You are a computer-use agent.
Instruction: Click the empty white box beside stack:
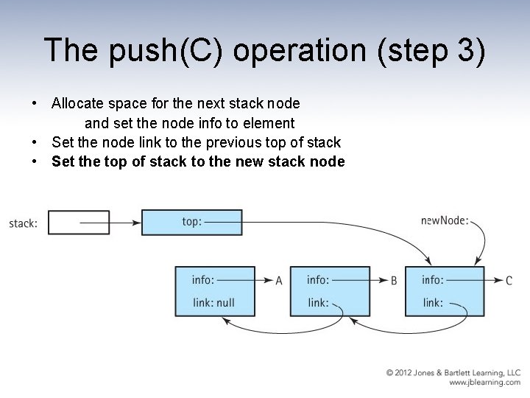point(79,223)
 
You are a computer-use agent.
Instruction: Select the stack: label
point(23,223)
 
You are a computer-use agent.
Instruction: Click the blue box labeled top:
point(191,222)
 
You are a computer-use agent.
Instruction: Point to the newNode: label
point(445,220)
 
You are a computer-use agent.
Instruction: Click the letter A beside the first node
point(279,281)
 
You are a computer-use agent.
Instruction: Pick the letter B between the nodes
point(394,281)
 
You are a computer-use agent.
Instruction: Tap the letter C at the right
point(509,281)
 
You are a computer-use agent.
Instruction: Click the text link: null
point(213,302)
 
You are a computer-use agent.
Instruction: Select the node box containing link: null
point(214,291)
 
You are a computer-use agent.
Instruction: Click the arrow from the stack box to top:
point(110,222)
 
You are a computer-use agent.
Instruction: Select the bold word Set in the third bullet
point(63,161)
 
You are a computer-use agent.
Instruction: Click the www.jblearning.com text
point(484,383)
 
